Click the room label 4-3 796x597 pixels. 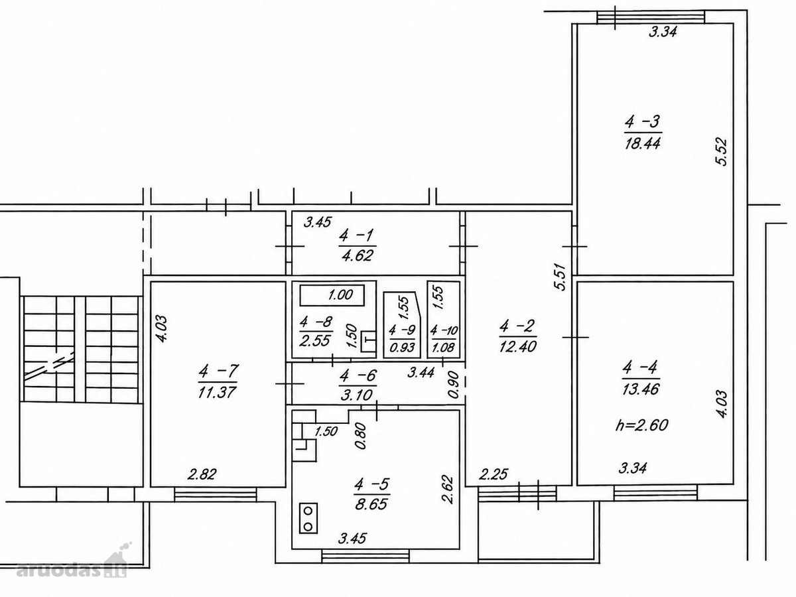[642, 122]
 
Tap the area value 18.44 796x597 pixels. [643, 143]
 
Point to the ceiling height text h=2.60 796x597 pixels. [641, 425]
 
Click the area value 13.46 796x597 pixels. [641, 389]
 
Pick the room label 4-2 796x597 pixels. [517, 326]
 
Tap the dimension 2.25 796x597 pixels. [494, 474]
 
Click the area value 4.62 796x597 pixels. [357, 255]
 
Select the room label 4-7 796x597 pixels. [218, 371]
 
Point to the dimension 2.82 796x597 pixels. [202, 474]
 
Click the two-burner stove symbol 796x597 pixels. [308, 518]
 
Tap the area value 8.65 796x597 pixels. [371, 504]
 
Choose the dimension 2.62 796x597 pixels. [448, 490]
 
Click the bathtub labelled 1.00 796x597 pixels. [332, 295]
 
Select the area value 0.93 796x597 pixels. [402, 347]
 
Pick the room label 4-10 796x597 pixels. [444, 330]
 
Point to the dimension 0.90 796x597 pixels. [453, 385]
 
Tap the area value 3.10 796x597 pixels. [356, 395]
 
